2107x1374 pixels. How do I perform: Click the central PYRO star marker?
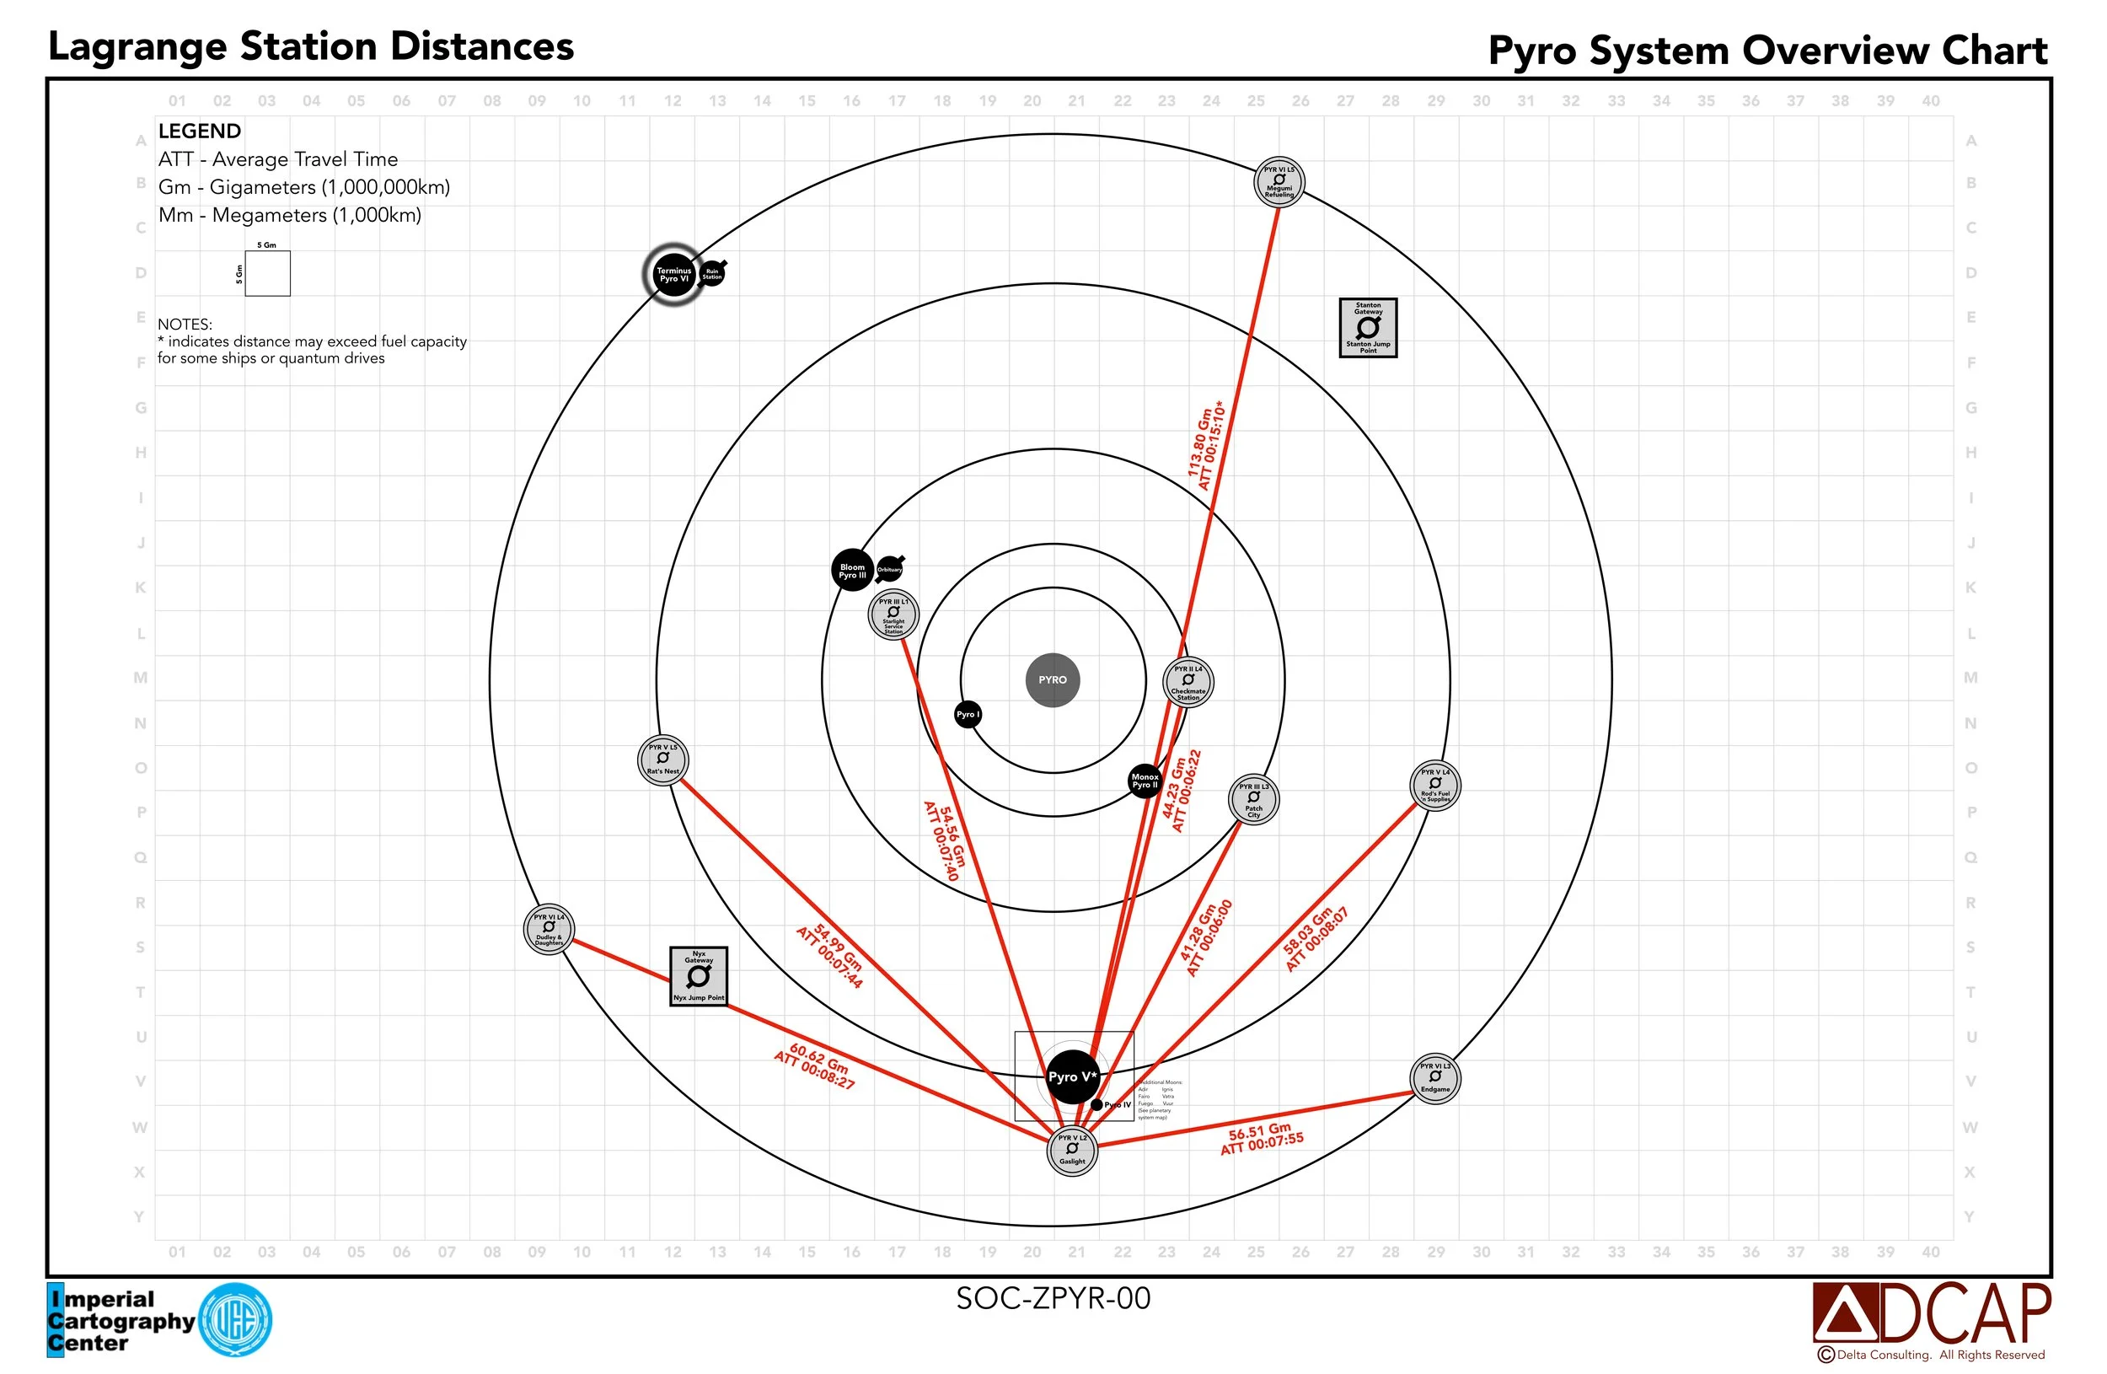click(1053, 680)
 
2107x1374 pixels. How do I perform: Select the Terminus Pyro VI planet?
click(673, 275)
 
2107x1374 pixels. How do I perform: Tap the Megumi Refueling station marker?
click(1279, 181)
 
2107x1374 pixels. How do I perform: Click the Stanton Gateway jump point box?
click(1368, 328)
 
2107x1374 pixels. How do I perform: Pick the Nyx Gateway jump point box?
click(699, 975)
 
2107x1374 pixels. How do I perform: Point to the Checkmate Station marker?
click(1188, 682)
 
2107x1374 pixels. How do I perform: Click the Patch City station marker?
click(1253, 799)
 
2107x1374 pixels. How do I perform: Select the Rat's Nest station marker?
click(663, 759)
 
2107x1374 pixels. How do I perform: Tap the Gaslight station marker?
click(1072, 1150)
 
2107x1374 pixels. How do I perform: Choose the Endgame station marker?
click(1435, 1078)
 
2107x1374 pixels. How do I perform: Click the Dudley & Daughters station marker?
click(549, 930)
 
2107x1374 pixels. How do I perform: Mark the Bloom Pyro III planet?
click(853, 571)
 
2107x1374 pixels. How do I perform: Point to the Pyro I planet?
click(968, 715)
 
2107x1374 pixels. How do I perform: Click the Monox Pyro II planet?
click(1145, 781)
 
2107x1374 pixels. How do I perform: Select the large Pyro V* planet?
click(1072, 1076)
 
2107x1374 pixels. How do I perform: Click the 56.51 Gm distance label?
click(1261, 1138)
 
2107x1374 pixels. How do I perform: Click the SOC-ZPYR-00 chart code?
click(1053, 1298)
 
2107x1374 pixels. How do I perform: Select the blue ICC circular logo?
click(235, 1320)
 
